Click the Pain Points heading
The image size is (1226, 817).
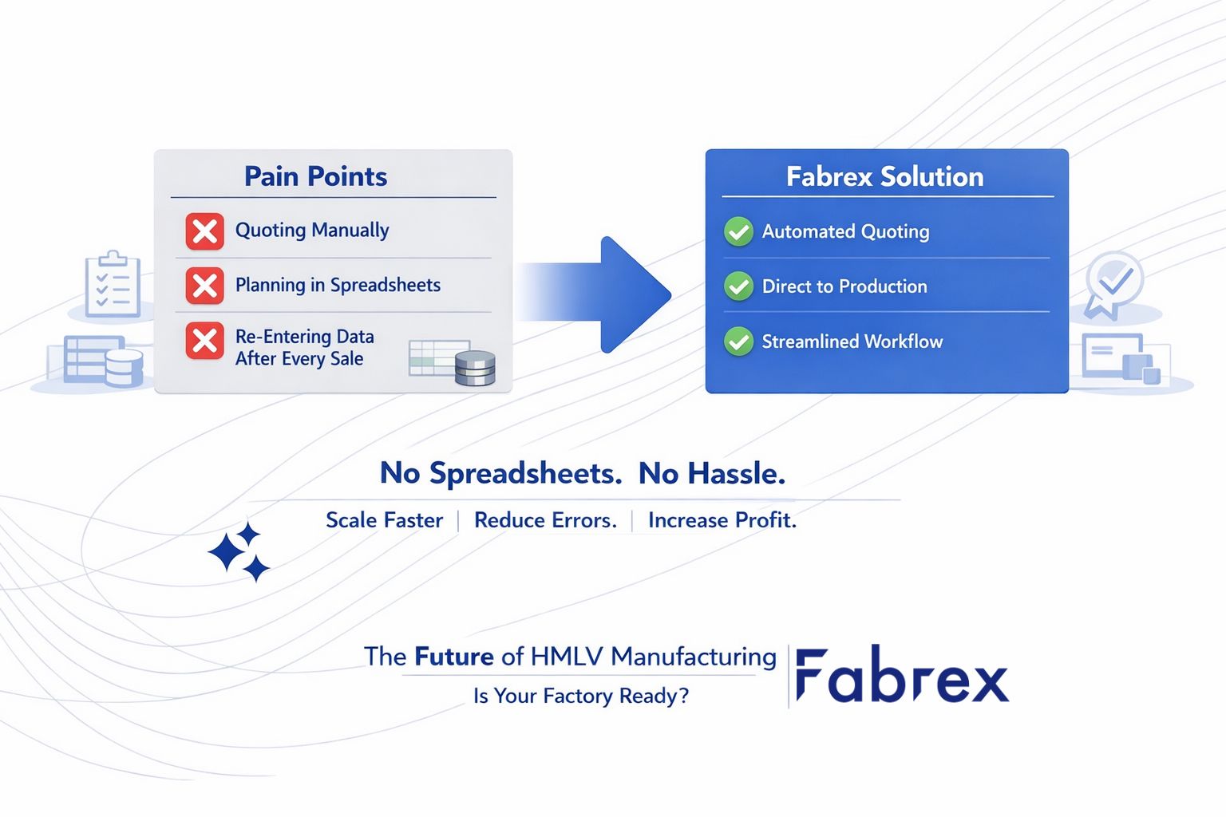[x=315, y=176]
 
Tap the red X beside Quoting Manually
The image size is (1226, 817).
[x=205, y=231]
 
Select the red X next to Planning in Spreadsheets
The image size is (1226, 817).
[x=205, y=286]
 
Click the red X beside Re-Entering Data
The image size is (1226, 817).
[x=205, y=341]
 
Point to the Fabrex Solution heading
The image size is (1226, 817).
[x=884, y=176]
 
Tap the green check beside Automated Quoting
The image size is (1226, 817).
[x=738, y=232]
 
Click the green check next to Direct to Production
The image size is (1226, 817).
[x=738, y=286]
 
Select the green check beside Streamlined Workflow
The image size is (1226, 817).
[x=738, y=341]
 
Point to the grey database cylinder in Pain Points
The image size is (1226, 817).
[x=475, y=368]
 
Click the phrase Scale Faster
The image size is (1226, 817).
[x=384, y=520]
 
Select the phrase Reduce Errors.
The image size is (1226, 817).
[x=545, y=520]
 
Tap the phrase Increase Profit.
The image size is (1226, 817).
[x=722, y=520]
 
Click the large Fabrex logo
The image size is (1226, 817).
[x=902, y=677]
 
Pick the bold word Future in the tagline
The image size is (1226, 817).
[x=453, y=657]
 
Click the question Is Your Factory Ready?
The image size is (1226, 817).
[x=580, y=696]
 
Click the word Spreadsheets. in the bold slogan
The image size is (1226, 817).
[x=525, y=474]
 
